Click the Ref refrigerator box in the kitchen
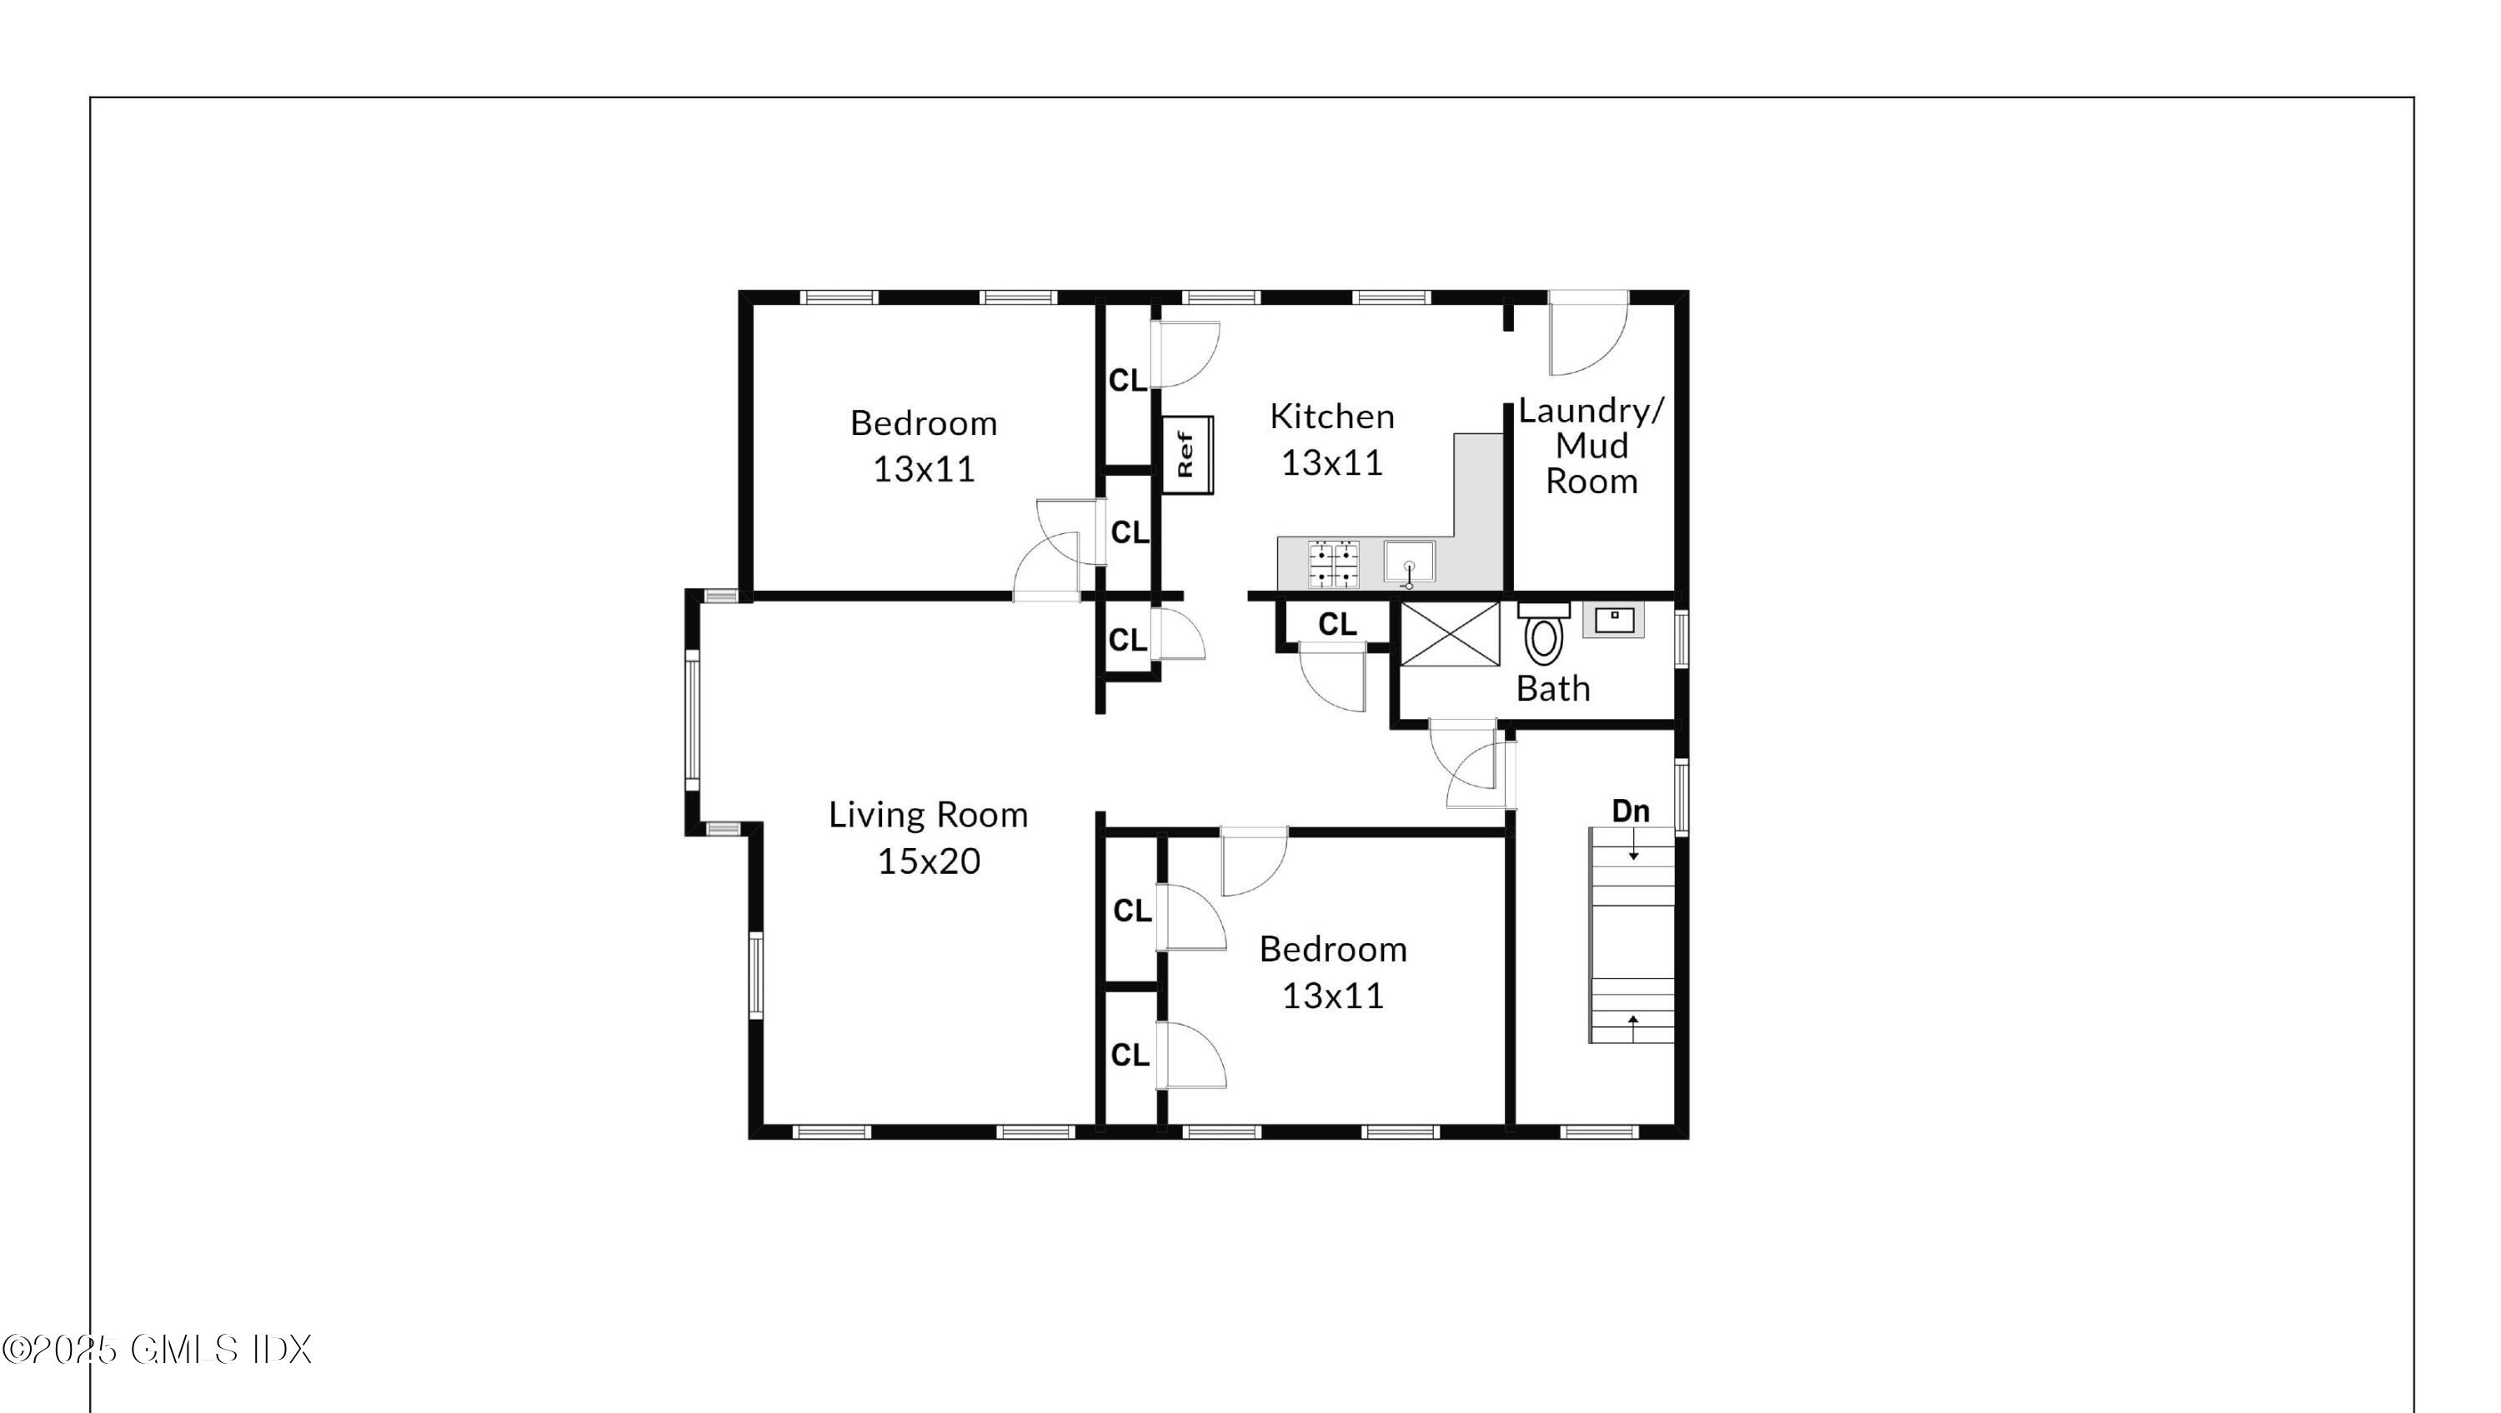click(x=1187, y=454)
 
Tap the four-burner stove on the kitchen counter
click(x=1333, y=565)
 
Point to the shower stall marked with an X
click(x=1450, y=634)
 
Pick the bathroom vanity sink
click(x=1614, y=620)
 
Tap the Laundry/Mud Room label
click(x=1591, y=446)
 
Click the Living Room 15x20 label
click(x=928, y=837)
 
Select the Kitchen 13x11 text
click(x=1332, y=440)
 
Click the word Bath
click(x=1552, y=689)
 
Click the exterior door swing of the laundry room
click(x=1586, y=337)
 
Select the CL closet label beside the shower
click(x=1337, y=625)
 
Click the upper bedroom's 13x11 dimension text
click(x=924, y=470)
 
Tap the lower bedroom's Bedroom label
click(x=1333, y=949)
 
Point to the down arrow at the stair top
click(x=1634, y=853)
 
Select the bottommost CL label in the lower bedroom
click(x=1130, y=1055)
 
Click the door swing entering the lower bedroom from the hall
click(x=1253, y=863)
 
